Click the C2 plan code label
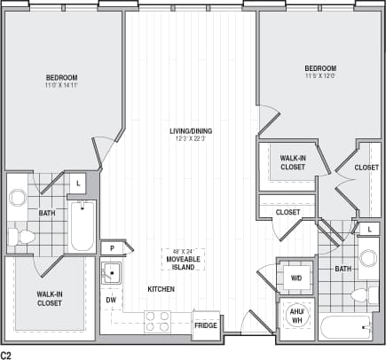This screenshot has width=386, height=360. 7,354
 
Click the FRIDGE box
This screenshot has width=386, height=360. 206,325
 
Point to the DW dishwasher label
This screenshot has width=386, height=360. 112,300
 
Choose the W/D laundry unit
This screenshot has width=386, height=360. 295,278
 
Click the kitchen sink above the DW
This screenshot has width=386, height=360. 113,273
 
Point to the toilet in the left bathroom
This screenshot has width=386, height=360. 21,237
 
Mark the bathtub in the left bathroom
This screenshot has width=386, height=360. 82,226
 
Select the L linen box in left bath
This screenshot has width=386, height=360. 79,184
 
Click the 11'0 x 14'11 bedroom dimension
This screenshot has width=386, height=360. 61,85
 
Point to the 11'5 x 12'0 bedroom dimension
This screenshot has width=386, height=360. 319,76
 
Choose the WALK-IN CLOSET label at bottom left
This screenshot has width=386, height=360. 49,298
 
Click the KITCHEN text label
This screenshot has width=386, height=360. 161,290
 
